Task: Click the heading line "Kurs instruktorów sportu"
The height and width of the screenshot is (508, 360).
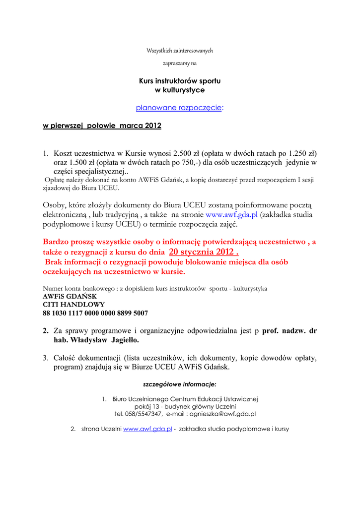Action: click(x=180, y=80)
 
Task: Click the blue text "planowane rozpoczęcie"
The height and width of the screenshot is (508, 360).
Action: click(x=179, y=108)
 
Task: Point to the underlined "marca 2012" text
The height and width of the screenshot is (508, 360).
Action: click(x=141, y=126)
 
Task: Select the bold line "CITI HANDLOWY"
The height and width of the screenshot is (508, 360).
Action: click(x=73, y=305)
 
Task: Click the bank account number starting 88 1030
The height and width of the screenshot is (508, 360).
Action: click(x=95, y=314)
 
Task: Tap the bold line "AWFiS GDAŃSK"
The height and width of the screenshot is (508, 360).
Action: click(x=70, y=296)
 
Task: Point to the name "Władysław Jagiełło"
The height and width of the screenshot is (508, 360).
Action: click(x=105, y=340)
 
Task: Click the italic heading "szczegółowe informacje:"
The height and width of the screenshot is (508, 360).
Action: click(x=180, y=384)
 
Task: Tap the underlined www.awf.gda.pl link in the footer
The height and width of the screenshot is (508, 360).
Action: click(x=147, y=429)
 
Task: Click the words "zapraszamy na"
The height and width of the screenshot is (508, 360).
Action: click(x=180, y=63)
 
